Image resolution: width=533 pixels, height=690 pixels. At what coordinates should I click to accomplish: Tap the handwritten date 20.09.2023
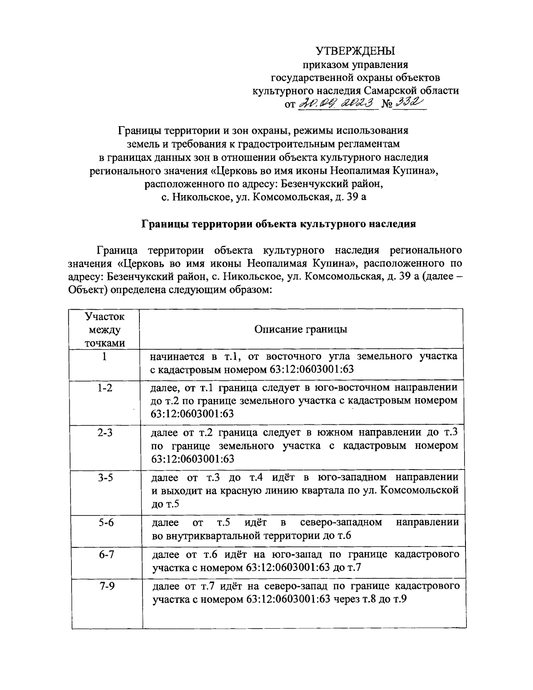tap(336, 104)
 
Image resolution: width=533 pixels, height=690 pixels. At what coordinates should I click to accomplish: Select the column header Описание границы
tap(301, 329)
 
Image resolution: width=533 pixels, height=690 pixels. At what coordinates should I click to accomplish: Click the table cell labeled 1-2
tap(105, 388)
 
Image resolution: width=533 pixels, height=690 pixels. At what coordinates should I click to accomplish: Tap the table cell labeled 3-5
tap(105, 478)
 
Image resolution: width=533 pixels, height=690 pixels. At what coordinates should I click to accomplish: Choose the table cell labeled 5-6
tap(105, 522)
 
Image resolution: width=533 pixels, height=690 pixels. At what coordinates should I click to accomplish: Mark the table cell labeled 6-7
tap(105, 554)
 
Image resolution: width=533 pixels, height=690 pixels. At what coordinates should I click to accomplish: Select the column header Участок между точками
tap(105, 329)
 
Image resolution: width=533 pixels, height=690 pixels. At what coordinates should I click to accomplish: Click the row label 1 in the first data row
tap(104, 356)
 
